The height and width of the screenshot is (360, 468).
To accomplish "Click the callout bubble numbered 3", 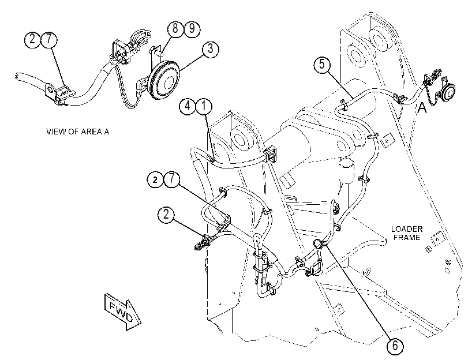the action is pos(211,48).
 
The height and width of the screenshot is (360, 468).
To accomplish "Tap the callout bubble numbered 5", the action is pos(322,64).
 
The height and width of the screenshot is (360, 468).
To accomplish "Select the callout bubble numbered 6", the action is pos(395,346).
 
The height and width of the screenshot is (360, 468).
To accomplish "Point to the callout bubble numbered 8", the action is pos(175,29).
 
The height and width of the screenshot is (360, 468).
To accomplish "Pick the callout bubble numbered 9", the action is pos(192,29).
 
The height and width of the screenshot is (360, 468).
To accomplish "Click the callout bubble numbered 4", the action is pos(188,106).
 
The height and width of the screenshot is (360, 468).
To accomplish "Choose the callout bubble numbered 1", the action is pos(204,106).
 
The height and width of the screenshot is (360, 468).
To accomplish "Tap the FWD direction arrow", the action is pos(123,312).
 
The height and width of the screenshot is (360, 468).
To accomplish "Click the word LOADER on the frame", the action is pos(407,229).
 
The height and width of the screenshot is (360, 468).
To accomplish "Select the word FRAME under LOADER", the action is pos(407,237).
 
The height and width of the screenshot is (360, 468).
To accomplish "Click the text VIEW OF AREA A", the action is pos(77,132).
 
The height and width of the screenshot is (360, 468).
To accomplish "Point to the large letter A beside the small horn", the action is pos(422,107).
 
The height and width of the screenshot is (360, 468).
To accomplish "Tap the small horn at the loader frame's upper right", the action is pos(448,91).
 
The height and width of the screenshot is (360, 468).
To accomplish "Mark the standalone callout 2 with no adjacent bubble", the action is pos(166,214).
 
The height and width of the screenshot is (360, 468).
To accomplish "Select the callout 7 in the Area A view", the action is pos(49,39).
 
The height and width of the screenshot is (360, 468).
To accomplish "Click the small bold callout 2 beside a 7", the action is pos(155,179).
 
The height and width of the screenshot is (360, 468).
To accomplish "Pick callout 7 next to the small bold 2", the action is pos(172,179).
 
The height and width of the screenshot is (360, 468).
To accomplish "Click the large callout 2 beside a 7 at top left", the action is pos(32,39).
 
